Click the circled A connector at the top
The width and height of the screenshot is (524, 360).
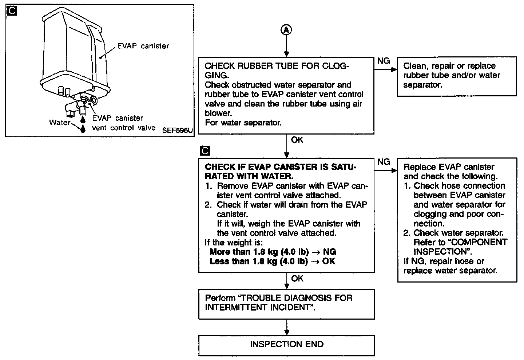286,31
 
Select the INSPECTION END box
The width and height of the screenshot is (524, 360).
286,344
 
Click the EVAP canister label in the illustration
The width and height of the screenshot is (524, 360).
143,46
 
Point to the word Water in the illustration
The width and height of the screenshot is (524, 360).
59,122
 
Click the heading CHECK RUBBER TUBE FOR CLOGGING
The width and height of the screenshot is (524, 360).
277,70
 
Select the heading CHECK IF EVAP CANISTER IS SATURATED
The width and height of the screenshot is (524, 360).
281,172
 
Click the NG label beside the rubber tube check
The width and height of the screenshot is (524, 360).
384,61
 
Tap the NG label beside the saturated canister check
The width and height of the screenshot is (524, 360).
384,162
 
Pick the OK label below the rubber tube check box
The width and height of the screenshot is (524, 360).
297,140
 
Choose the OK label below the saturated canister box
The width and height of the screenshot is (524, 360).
297,279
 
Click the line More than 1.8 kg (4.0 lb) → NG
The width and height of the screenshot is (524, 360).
273,252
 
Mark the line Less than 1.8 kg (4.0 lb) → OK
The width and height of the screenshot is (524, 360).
272,261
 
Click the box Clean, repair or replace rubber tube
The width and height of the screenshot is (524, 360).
456,76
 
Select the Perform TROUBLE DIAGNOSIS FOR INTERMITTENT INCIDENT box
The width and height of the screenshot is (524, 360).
286,303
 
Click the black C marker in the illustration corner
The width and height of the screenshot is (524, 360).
12,11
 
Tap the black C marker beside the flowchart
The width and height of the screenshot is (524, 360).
205,151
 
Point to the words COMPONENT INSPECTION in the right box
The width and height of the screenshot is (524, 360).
460,247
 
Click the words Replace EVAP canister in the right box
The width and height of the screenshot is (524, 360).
449,167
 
